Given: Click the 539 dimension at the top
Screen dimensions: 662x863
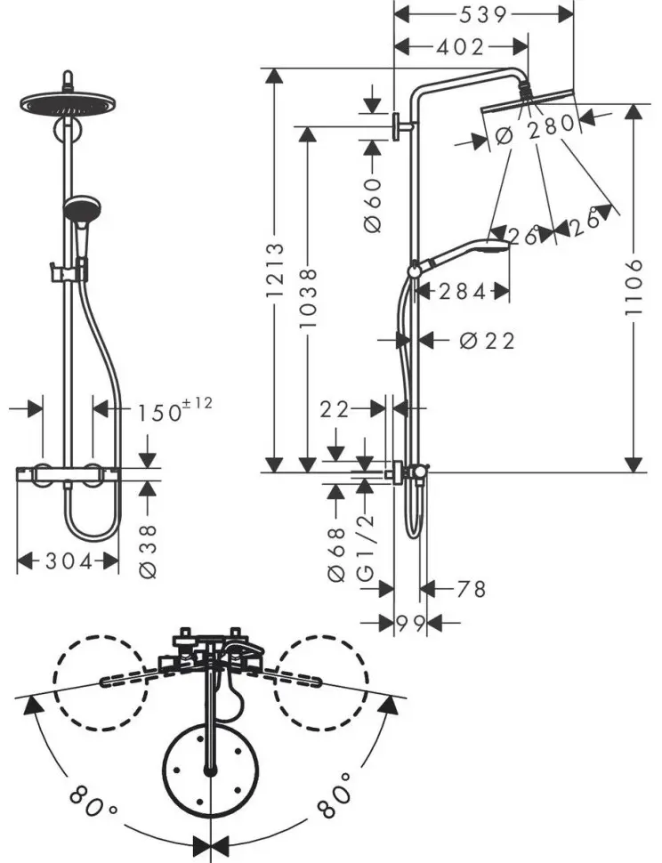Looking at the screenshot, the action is [x=482, y=15].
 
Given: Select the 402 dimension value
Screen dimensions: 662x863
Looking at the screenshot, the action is [x=460, y=47].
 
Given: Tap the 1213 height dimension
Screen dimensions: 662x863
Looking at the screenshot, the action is [x=275, y=270].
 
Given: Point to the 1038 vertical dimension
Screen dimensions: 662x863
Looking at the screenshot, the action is [x=308, y=298].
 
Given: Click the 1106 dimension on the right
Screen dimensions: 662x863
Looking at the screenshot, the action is [x=634, y=287].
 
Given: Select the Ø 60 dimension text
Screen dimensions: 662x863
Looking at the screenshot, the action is [x=373, y=205].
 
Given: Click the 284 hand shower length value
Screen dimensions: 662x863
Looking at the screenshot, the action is [x=463, y=291].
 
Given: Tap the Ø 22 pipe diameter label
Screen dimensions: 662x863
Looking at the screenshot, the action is [x=487, y=341].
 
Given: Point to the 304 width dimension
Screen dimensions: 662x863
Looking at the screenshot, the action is [x=69, y=561].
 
